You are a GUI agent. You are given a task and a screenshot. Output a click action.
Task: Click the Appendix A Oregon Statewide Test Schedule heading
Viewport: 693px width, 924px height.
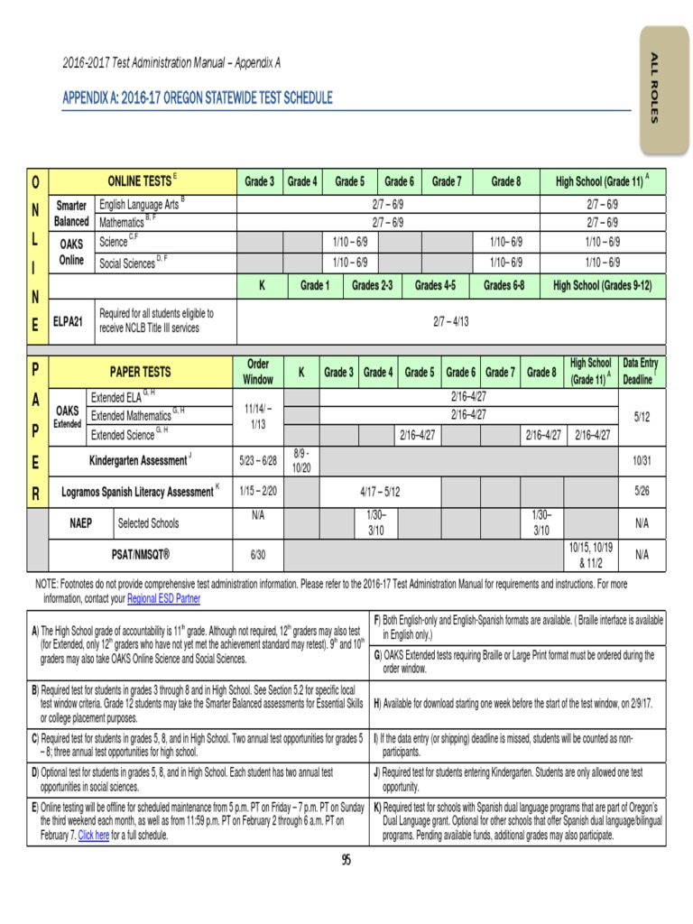point(197,97)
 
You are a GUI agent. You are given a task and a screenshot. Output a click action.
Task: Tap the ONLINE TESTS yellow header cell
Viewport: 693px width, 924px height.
point(143,180)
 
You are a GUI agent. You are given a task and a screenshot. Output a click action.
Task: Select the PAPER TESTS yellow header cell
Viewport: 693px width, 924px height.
point(140,372)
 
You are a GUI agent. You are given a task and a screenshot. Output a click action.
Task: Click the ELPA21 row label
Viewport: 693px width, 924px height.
point(71,320)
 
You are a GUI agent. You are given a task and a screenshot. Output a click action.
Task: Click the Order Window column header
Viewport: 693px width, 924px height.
point(258,372)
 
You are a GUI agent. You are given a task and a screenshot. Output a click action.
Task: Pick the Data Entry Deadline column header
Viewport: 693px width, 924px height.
point(641,372)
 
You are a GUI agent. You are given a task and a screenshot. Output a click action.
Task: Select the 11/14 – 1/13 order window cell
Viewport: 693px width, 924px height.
point(258,417)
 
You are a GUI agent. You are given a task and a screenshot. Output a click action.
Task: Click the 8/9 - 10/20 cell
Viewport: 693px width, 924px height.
point(301,460)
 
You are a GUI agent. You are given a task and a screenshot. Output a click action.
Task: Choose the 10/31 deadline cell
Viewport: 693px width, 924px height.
point(642,460)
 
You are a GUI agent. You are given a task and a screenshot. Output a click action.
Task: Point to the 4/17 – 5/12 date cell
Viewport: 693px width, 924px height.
point(380,492)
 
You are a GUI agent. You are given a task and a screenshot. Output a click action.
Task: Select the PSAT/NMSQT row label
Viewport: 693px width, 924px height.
point(140,554)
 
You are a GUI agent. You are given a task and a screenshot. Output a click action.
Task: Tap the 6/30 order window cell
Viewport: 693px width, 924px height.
point(258,554)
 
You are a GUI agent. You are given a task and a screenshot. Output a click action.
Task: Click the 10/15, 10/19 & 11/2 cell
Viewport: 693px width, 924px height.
point(590,554)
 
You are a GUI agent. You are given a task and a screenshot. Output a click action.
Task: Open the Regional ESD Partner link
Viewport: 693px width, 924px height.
point(163,598)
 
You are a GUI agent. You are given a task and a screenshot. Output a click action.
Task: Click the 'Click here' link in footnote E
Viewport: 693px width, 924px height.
point(94,836)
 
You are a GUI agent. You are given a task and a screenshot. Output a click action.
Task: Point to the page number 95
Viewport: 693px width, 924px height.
point(346,860)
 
